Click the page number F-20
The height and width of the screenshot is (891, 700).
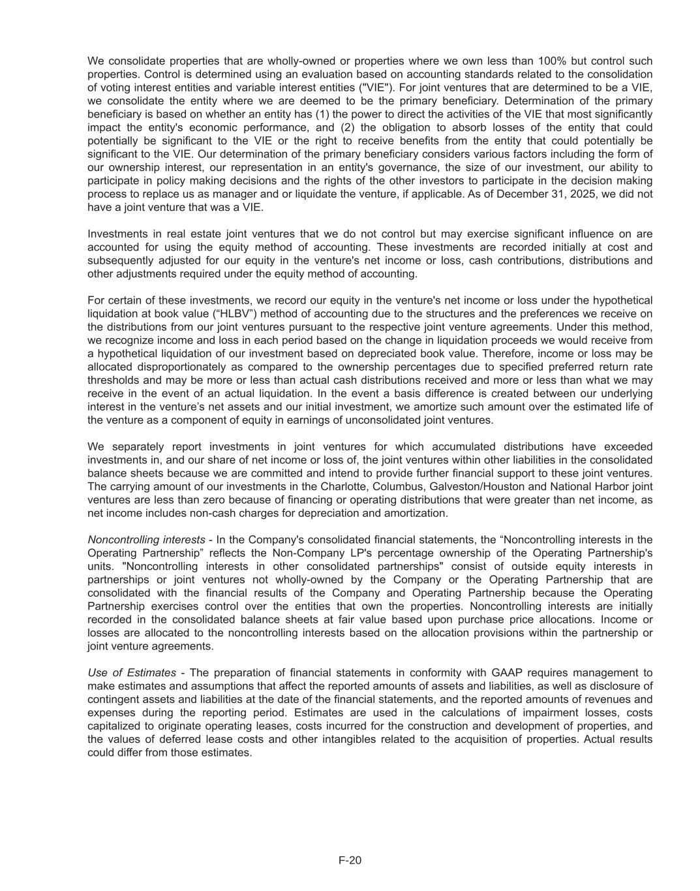click(350, 860)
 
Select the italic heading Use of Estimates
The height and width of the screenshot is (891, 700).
click(132, 673)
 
